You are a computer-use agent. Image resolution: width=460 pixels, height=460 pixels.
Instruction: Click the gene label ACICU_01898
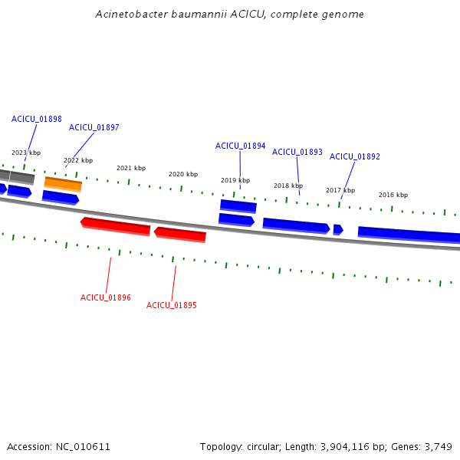(x=37, y=119)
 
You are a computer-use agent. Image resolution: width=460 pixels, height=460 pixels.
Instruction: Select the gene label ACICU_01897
(x=94, y=127)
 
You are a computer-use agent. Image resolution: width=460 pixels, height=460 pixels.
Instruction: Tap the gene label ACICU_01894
(x=240, y=146)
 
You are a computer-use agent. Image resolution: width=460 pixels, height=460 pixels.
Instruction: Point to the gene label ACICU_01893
(x=297, y=152)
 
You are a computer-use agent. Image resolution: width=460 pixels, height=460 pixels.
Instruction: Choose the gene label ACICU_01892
(x=355, y=156)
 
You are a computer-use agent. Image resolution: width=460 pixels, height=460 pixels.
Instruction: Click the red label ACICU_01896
(x=106, y=297)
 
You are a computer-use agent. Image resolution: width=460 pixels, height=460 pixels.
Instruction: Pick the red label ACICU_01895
(x=172, y=305)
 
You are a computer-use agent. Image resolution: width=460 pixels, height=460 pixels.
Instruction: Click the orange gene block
(x=63, y=184)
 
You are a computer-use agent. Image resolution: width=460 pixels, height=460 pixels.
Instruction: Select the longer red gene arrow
(x=115, y=226)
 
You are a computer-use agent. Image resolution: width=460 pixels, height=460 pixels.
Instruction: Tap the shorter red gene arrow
(x=180, y=235)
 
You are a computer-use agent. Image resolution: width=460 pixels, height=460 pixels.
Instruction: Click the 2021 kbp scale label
(x=131, y=168)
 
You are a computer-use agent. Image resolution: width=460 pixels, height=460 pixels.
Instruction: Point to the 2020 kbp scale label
(x=183, y=174)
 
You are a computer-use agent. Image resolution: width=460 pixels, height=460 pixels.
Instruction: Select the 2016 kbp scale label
(x=393, y=195)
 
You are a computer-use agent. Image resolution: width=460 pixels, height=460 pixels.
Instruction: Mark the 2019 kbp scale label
(x=235, y=180)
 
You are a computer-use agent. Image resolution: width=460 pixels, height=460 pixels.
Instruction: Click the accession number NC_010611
(x=83, y=447)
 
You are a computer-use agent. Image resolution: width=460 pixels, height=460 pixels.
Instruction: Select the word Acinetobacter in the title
(x=131, y=14)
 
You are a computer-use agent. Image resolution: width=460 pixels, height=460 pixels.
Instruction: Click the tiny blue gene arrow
(x=338, y=230)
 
